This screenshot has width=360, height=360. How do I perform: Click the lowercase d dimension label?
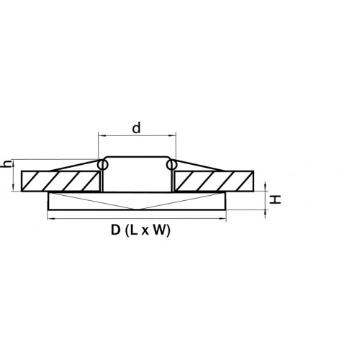pos(136,128)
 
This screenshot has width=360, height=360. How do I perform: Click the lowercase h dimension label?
pos(6,164)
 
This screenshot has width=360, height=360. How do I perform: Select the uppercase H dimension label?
pos(275,199)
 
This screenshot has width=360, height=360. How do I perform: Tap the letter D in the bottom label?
pos(115,230)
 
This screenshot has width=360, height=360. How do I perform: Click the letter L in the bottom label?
pos(134,230)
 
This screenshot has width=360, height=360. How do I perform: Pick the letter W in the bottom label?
pos(160,230)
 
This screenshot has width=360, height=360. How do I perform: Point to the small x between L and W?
pos(145,231)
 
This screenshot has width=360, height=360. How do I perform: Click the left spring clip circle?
pos(103,165)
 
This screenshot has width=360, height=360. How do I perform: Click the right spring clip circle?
pos(171,165)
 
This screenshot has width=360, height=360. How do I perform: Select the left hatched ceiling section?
pos(60,181)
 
